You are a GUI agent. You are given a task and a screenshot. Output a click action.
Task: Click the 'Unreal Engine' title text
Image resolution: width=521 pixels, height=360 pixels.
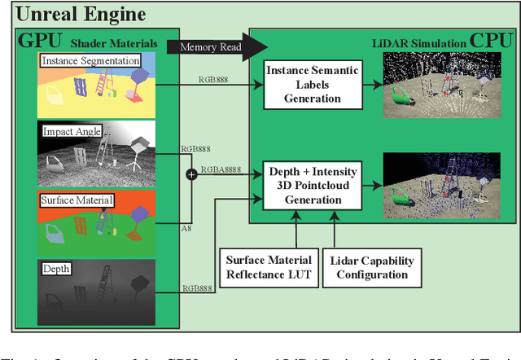(x=81, y=14)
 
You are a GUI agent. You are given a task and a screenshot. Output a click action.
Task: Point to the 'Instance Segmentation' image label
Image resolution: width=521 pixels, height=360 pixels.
(x=90, y=60)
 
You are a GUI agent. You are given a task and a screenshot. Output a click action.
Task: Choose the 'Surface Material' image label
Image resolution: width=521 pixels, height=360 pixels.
(x=77, y=199)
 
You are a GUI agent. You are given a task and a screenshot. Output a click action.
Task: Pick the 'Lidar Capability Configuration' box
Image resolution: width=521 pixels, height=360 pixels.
(x=374, y=266)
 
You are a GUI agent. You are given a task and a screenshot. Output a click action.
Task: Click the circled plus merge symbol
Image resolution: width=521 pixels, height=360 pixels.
(x=192, y=173)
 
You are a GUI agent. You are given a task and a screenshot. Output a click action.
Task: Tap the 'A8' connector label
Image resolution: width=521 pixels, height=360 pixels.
(x=186, y=230)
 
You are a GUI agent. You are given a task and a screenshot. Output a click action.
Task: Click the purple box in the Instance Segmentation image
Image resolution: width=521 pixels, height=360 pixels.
(x=139, y=76)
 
